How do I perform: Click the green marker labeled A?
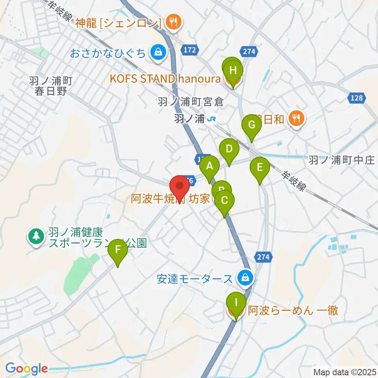coord(209,166)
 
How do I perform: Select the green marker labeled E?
coord(260,167)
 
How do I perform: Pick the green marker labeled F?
coord(118,250)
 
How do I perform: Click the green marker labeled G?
coord(252,125)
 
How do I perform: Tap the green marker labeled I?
coord(236,302)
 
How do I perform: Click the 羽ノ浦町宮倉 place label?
coord(190,102)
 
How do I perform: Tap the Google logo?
coord(27,369)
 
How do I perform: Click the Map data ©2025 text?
coord(345,372)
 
